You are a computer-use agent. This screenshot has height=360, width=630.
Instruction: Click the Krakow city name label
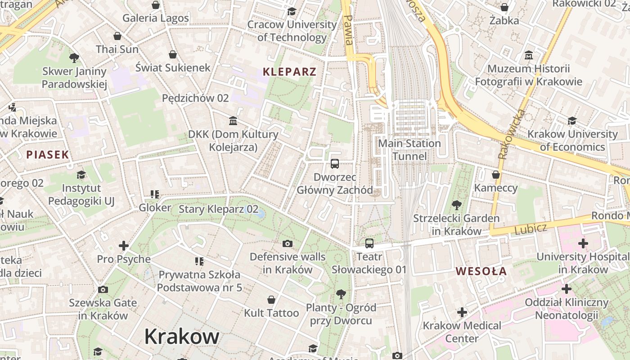[x=182, y=336]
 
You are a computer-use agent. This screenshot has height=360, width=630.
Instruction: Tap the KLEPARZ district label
[x=289, y=72]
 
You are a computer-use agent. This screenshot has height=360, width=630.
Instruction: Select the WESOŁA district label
[x=481, y=271]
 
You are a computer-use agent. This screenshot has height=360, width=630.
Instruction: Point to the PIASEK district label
[x=47, y=155]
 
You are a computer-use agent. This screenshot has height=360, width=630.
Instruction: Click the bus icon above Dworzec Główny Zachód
[x=334, y=164]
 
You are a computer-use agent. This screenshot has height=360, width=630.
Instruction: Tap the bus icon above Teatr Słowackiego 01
[x=369, y=243]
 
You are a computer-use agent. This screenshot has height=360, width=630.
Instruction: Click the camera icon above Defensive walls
[x=287, y=244]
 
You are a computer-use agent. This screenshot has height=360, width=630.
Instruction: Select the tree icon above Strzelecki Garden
[x=456, y=205]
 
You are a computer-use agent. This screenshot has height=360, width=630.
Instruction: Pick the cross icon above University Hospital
[x=583, y=244]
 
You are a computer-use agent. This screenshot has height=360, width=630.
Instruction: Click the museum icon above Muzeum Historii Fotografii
[x=529, y=56]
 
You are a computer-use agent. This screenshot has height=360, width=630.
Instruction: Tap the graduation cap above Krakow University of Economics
[x=572, y=121]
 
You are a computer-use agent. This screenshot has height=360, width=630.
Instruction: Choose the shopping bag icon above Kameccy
[x=496, y=175]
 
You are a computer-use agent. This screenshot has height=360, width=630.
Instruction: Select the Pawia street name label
[x=348, y=30]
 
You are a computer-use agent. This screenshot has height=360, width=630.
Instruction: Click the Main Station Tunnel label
[x=409, y=150]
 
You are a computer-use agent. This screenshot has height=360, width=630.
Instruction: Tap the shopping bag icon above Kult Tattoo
[x=271, y=300]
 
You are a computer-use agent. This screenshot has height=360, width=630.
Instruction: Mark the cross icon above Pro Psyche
[x=123, y=246]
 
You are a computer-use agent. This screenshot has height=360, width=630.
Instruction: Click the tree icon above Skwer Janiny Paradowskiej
[x=74, y=58]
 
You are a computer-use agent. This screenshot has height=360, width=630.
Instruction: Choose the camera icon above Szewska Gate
[x=103, y=289]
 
